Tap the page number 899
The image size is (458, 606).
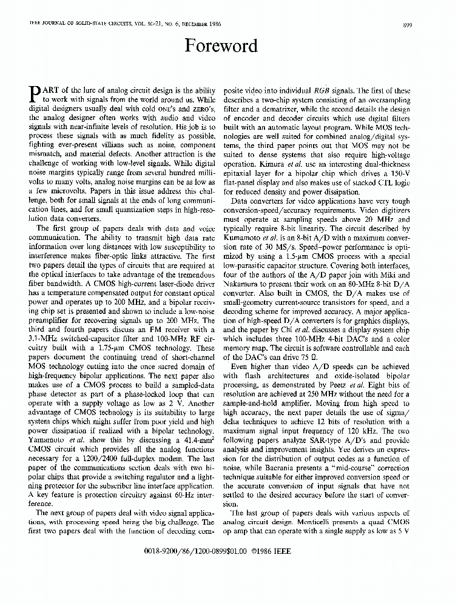click(407, 24)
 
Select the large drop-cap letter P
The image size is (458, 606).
click(35, 93)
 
